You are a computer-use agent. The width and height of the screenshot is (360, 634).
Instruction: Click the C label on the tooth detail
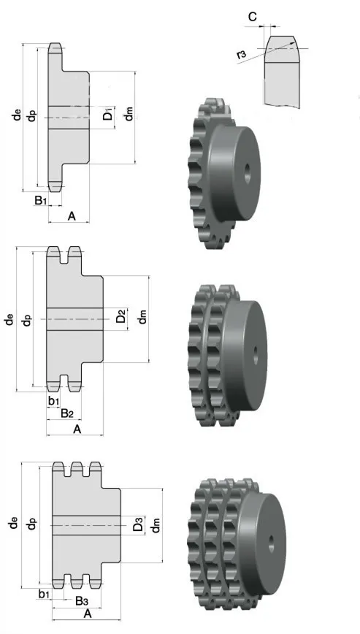click(253, 17)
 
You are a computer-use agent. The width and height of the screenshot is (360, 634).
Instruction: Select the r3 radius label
click(241, 56)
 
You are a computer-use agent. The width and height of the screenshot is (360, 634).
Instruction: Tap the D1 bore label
click(108, 115)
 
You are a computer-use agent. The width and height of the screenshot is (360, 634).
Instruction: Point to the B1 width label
click(41, 199)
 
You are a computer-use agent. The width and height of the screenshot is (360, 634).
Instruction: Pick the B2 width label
click(67, 413)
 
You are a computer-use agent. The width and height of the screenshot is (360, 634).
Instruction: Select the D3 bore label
click(138, 525)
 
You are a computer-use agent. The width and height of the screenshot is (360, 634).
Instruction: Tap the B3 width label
click(82, 601)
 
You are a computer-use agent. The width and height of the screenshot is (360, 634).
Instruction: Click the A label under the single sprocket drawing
click(72, 216)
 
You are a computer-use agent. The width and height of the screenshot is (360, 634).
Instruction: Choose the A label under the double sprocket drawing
click(77, 429)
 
